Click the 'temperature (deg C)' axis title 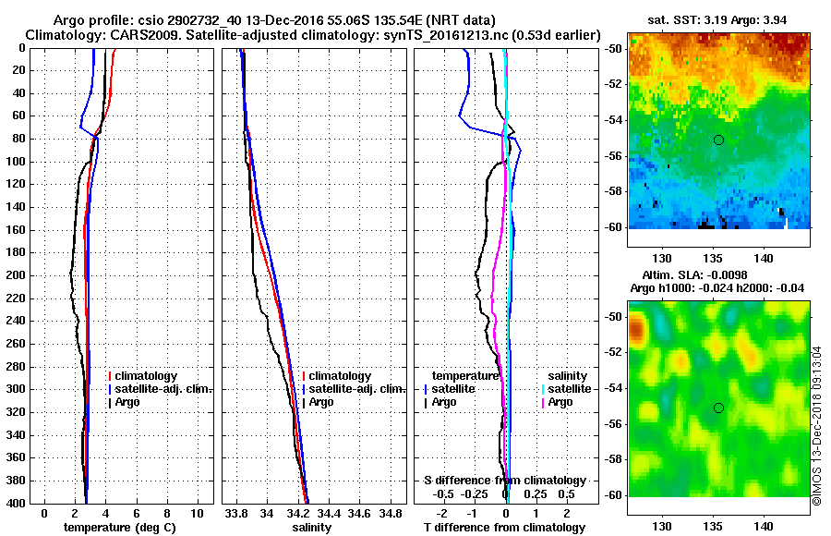point(119,527)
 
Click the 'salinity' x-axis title point(311,527)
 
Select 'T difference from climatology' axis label point(504,527)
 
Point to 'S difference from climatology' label point(504,481)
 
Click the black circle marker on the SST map point(718,140)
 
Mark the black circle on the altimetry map point(718,408)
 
